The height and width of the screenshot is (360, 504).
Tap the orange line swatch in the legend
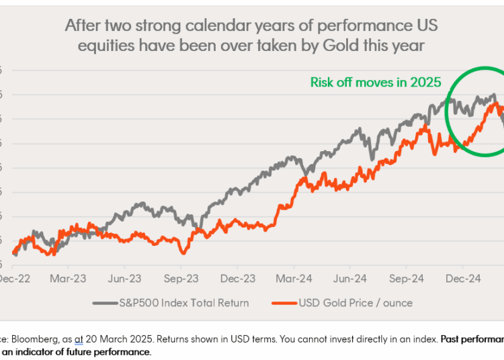[284, 303]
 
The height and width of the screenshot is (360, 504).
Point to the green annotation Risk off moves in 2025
[375, 83]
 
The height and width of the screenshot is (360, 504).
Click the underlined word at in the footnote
[78, 339]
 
